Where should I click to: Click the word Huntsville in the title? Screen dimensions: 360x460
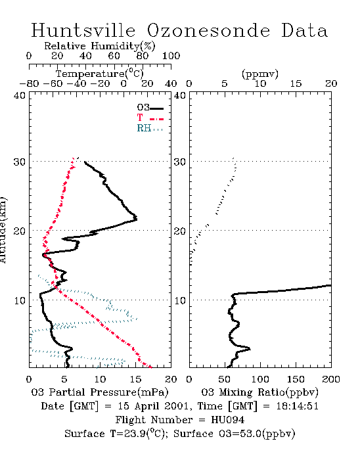(x=83, y=30)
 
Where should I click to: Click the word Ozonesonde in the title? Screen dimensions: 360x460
(x=208, y=30)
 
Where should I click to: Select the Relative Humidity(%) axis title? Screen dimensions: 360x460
(x=100, y=46)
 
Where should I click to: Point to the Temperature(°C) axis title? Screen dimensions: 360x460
(x=100, y=74)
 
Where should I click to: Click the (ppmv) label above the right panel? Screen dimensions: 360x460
(x=260, y=74)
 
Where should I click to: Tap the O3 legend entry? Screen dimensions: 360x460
(x=150, y=107)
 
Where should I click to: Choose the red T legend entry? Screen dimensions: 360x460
(x=150, y=118)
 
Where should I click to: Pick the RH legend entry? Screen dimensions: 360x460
(x=150, y=128)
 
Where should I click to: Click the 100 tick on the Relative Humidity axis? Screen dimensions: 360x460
(x=171, y=56)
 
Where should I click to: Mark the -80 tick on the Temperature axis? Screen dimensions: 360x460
(x=29, y=84)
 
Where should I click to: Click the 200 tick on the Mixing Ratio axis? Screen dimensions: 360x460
(x=331, y=379)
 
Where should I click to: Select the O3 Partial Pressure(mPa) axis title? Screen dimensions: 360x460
(x=100, y=392)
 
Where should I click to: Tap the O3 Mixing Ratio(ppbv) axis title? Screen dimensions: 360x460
(x=259, y=392)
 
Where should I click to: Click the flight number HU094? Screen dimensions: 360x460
(x=228, y=420)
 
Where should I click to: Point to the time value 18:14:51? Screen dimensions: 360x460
(x=298, y=406)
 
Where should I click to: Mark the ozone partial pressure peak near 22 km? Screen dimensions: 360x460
(x=137, y=218)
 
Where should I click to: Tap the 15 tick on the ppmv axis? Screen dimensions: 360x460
(x=296, y=84)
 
